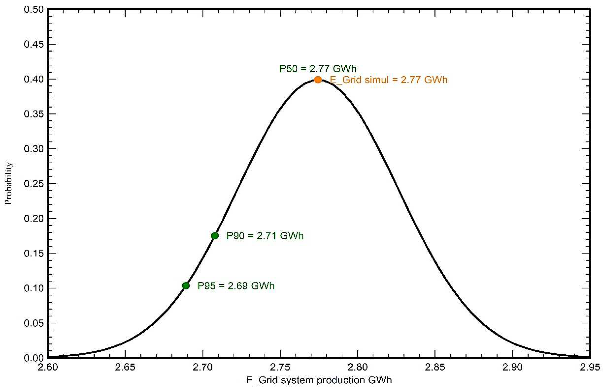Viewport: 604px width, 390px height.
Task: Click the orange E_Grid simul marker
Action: (318, 80)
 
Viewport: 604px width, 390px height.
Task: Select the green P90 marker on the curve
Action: (215, 236)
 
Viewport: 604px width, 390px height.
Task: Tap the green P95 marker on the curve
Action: (186, 286)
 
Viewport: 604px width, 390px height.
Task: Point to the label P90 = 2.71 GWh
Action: (265, 236)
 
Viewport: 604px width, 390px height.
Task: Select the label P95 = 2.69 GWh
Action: (236, 286)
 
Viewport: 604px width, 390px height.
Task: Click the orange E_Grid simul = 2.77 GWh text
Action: (388, 80)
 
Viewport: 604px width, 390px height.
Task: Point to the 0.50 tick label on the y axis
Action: (34, 10)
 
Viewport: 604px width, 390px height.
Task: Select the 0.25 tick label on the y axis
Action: (34, 184)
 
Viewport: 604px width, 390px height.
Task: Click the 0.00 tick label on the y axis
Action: (34, 358)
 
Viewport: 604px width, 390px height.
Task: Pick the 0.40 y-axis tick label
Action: (34, 79)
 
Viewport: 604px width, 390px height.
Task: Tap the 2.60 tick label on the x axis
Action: (47, 367)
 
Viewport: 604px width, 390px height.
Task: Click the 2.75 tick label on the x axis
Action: (280, 367)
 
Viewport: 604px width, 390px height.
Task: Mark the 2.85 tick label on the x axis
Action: (435, 367)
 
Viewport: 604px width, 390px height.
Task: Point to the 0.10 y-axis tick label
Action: (34, 288)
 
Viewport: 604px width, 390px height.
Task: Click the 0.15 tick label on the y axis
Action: (34, 253)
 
